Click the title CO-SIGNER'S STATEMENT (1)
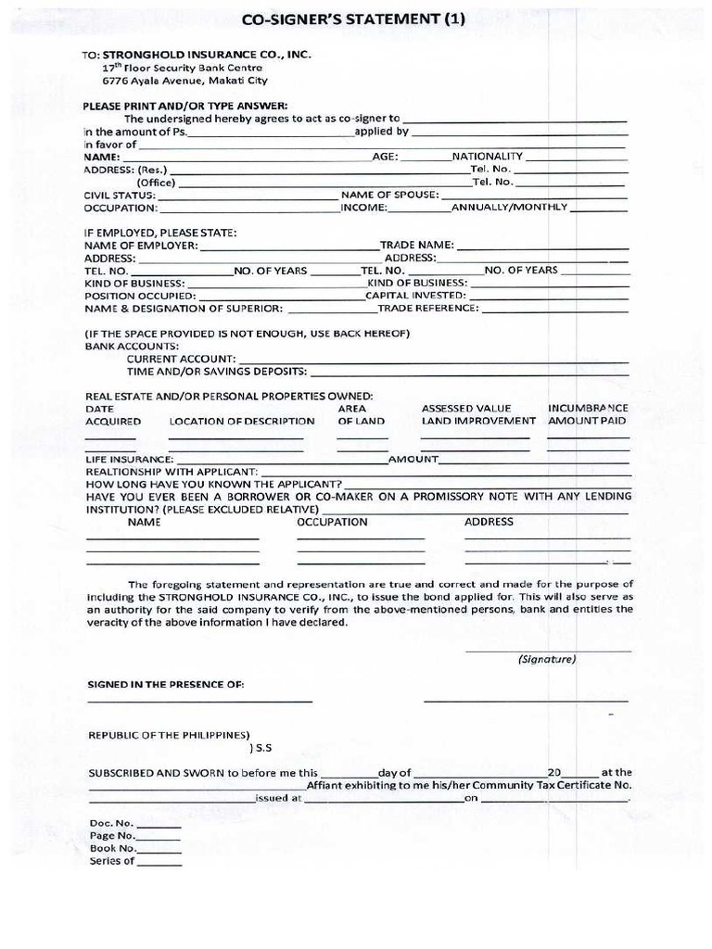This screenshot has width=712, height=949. click(351, 19)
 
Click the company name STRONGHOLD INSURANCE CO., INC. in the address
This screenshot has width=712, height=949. click(207, 56)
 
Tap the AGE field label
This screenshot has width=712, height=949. click(385, 157)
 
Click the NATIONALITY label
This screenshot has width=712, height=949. click(488, 157)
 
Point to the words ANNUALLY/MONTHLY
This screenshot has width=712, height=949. click(509, 208)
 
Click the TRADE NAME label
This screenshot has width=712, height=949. click(416, 246)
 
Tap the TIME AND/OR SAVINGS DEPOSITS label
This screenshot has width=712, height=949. click(216, 372)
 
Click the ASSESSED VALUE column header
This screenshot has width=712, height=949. click(466, 409)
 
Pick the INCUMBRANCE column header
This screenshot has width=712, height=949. click(588, 409)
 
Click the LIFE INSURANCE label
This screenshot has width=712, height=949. click(129, 460)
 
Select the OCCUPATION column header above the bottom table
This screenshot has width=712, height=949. click(332, 523)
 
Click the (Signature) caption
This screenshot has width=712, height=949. click(547, 660)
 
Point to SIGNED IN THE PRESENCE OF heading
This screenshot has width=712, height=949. click(166, 685)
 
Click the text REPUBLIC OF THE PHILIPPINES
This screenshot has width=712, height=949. click(168, 735)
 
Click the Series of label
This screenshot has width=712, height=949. click(112, 861)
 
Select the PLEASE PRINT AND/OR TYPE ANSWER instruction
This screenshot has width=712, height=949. click(185, 106)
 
